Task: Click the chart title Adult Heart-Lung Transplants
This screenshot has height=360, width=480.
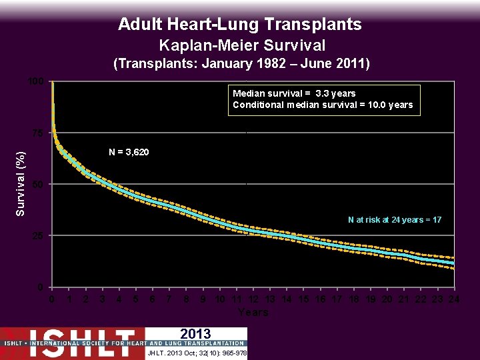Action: (x=240, y=25)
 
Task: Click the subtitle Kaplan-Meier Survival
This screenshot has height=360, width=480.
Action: (x=242, y=45)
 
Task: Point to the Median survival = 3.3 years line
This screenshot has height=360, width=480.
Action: (x=294, y=93)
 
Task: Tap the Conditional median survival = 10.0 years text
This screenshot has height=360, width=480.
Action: (x=323, y=105)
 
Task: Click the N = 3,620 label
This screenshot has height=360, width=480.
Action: (x=129, y=153)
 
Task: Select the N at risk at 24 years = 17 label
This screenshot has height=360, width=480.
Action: (x=394, y=220)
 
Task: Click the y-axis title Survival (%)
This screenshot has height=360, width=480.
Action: (x=21, y=184)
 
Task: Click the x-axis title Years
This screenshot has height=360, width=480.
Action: (x=253, y=313)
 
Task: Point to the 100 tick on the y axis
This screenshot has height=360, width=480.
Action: (x=36, y=81)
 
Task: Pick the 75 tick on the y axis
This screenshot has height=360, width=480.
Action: (x=39, y=133)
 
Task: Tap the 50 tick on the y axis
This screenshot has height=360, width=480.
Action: (x=39, y=185)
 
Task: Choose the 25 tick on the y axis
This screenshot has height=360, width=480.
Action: (x=39, y=236)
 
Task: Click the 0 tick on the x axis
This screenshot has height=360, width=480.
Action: (x=53, y=300)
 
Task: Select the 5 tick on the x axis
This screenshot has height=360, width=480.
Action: (x=136, y=300)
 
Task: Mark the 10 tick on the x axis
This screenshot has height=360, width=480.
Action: (x=220, y=300)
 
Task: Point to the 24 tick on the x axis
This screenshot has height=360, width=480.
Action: (x=454, y=300)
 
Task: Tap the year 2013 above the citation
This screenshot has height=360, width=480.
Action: (x=195, y=334)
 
